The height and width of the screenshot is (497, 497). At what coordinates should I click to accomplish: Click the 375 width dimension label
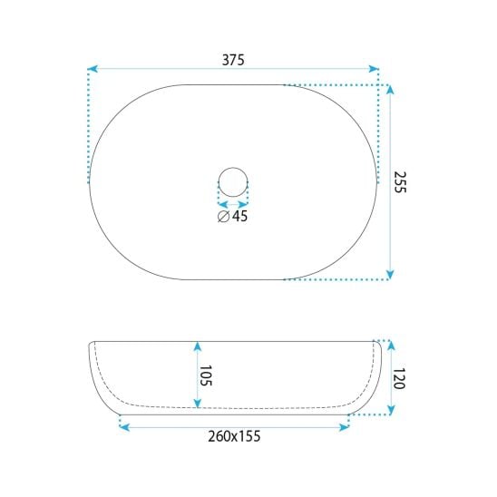pos(233,60)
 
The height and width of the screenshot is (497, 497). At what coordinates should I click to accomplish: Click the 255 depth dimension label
pos(399,182)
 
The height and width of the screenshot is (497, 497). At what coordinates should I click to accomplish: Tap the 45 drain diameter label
pos(240,216)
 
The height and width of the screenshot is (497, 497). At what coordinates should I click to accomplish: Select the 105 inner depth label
pos(205,375)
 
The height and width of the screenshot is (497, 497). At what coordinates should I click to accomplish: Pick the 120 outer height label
pos(399,378)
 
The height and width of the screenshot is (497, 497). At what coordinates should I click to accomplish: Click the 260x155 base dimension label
pos(234,436)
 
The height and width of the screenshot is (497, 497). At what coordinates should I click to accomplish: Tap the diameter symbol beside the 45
pos(223,216)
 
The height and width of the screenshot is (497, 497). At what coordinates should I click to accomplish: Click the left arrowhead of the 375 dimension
pos(93,68)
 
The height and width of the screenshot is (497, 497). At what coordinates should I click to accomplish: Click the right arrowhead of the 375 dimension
pos(374,68)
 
